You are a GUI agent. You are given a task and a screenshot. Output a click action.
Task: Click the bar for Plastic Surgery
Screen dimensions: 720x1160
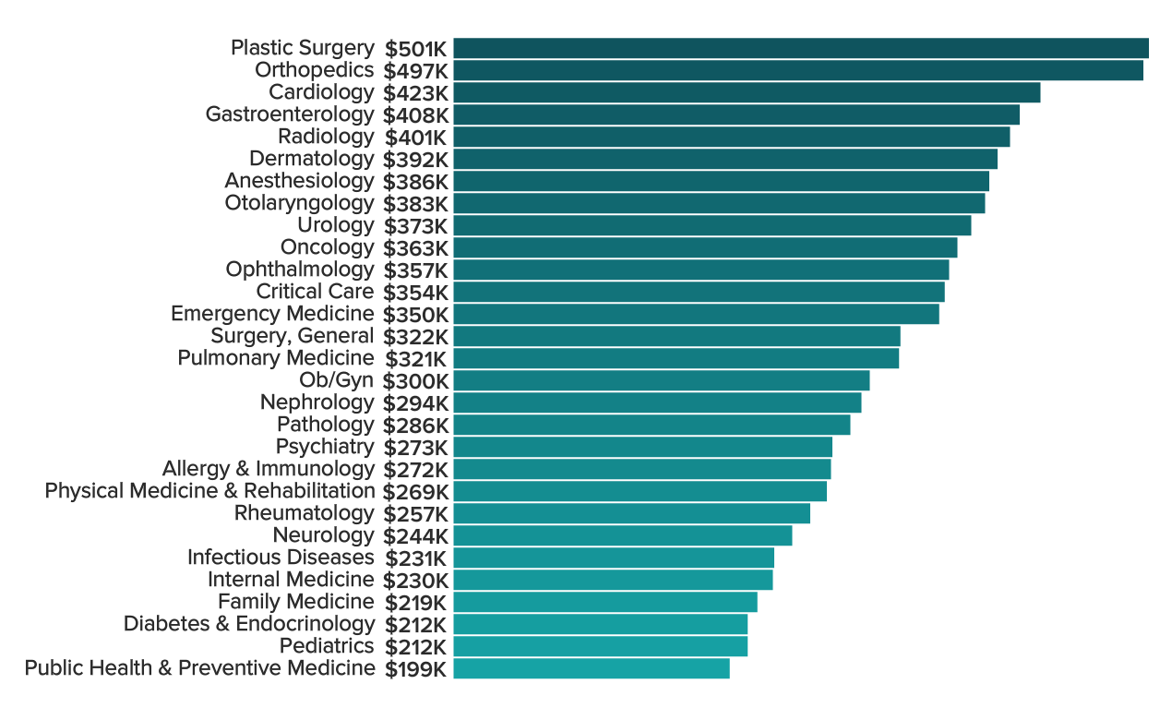coord(800,48)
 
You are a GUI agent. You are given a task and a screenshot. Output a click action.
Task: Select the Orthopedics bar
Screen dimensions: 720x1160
coord(797,70)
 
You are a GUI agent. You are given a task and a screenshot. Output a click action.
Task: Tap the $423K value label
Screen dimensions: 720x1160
coord(415,92)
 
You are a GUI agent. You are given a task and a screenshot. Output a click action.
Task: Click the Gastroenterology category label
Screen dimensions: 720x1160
coord(290,114)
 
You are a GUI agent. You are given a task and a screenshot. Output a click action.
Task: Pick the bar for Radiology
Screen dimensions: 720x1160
coord(731,137)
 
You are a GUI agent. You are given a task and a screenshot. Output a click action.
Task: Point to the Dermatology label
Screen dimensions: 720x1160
coord(312,159)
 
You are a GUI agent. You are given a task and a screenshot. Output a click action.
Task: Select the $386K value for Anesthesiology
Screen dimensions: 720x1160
coord(415,181)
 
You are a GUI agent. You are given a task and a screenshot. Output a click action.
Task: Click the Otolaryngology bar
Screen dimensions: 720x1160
coord(719,203)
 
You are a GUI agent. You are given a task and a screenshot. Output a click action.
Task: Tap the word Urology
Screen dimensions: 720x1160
coord(336,225)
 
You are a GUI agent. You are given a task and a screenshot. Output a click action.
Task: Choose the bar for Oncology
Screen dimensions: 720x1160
coord(705,247)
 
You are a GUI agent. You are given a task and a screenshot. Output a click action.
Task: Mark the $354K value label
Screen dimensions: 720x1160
coord(415,292)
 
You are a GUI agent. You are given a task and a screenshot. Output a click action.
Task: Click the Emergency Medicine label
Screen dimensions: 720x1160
coord(272,314)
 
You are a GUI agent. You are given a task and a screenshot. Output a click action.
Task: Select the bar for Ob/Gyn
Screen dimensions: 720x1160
coord(661,380)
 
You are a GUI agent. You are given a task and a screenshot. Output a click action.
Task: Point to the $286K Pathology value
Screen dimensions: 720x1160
coord(415,425)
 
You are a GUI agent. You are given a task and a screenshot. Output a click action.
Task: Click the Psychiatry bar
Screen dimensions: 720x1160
coord(642,447)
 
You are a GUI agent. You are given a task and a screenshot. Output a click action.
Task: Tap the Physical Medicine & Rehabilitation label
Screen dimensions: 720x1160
coord(209,491)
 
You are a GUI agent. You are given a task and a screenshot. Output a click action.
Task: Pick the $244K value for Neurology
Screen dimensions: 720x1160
coord(415,535)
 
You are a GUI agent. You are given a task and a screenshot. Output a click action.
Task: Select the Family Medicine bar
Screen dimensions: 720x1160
coord(604,602)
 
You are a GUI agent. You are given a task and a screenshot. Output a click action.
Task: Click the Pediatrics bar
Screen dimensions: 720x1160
coord(600,646)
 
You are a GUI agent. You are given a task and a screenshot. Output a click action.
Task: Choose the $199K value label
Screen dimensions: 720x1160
coord(415,668)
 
